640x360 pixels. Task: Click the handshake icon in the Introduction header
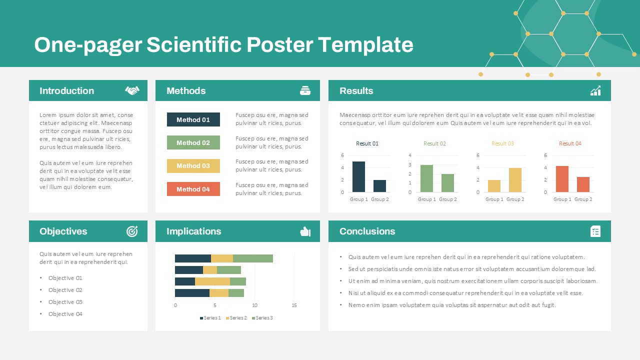pyautogui.click(x=132, y=90)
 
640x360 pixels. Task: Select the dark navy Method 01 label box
pyautogui.click(x=193, y=119)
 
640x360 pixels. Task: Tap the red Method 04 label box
pyautogui.click(x=193, y=189)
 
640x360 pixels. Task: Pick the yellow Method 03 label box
pyautogui.click(x=193, y=165)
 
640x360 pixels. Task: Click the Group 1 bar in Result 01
pyautogui.click(x=358, y=177)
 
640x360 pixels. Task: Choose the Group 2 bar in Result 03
pyautogui.click(x=515, y=180)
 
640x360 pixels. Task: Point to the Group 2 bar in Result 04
pyautogui.click(x=583, y=184)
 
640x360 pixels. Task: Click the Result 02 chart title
pyautogui.click(x=434, y=143)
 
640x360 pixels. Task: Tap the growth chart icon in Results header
pyautogui.click(x=595, y=90)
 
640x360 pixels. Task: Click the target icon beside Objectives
pyautogui.click(x=132, y=231)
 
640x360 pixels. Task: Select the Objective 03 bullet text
pyautogui.click(x=65, y=302)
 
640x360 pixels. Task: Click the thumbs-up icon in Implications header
pyautogui.click(x=305, y=231)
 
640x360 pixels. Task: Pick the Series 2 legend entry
pyautogui.click(x=236, y=317)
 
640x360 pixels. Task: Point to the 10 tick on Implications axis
pyautogui.click(x=254, y=305)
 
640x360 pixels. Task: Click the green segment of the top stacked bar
pyautogui.click(x=253, y=258)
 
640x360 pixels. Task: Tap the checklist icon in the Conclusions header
pyautogui.click(x=595, y=231)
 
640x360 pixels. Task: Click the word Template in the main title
pyautogui.click(x=365, y=44)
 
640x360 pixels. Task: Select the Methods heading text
pyautogui.click(x=186, y=90)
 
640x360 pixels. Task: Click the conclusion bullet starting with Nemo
pyautogui.click(x=452, y=305)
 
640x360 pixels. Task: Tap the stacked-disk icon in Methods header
pyautogui.click(x=305, y=90)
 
